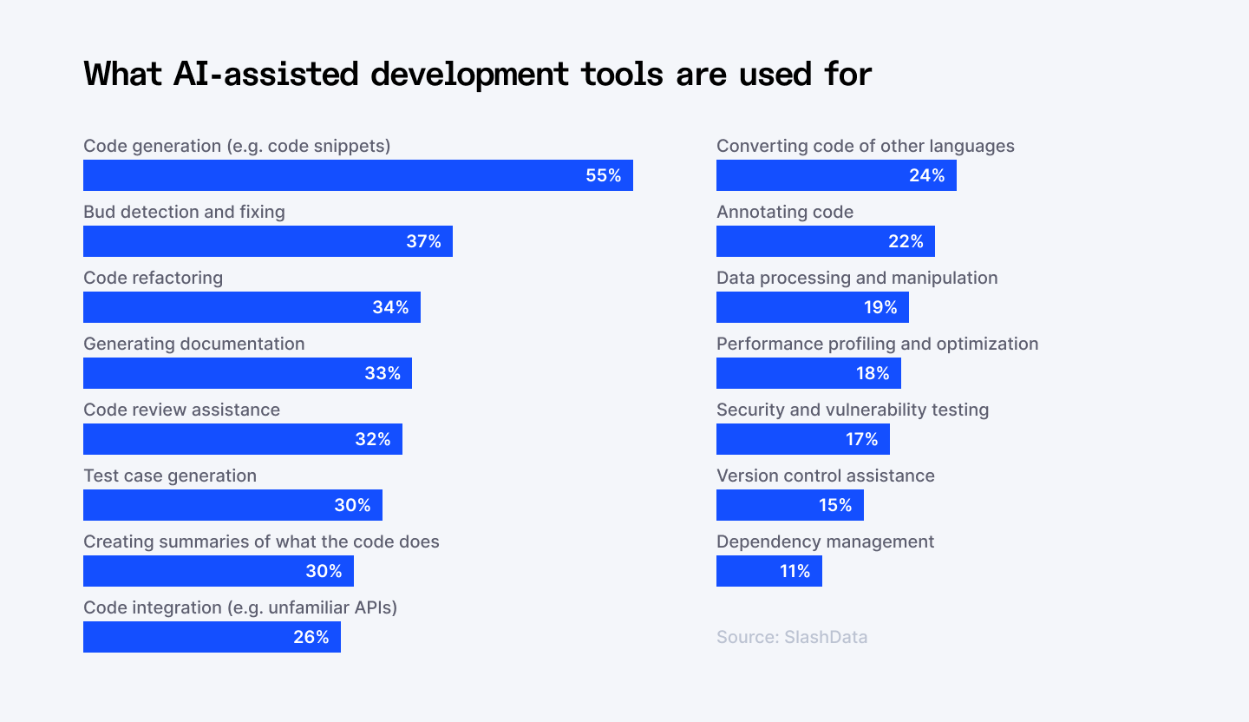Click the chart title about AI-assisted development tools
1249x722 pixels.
[477, 75]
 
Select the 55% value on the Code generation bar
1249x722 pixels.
[603, 175]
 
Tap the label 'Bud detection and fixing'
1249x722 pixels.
[184, 212]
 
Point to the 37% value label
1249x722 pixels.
[423, 241]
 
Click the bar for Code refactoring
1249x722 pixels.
[252, 307]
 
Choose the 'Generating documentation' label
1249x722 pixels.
[193, 344]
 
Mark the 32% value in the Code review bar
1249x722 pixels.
[372, 439]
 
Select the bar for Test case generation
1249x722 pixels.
[232, 505]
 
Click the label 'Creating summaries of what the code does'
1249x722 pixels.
[261, 541]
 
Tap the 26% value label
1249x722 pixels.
[311, 637]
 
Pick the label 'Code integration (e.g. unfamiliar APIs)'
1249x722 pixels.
[240, 607]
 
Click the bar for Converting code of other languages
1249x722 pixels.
[836, 175]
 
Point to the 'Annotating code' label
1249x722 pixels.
[785, 212]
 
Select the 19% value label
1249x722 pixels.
[880, 307]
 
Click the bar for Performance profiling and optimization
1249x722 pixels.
[808, 373]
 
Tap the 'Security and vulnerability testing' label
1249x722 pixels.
[853, 410]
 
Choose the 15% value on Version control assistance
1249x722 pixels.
[835, 505]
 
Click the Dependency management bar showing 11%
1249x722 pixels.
[768, 571]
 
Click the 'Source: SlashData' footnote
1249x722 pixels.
[792, 637]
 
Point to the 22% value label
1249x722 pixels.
[906, 241]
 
